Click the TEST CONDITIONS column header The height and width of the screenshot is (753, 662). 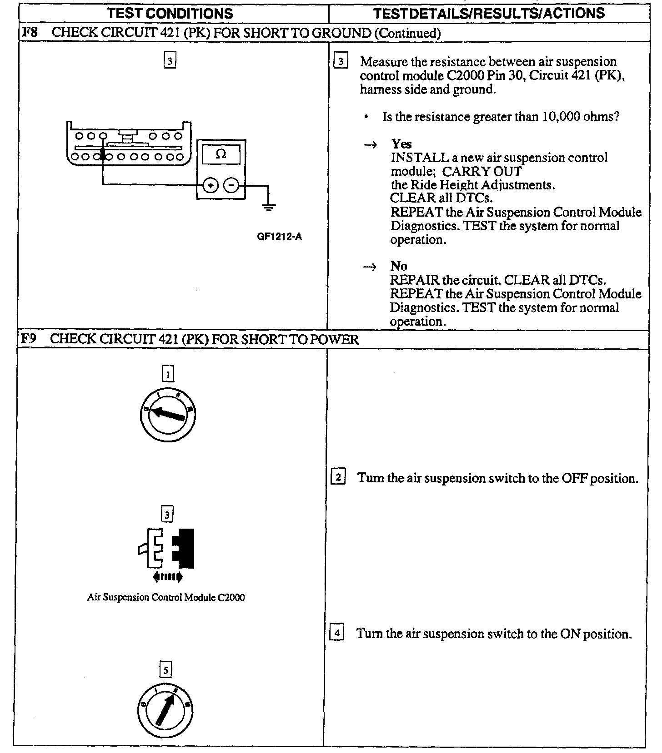171,13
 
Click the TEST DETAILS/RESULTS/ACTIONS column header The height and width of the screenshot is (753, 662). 489,13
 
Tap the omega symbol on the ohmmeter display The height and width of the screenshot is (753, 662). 221,155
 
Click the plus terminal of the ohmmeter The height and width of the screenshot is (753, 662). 210,185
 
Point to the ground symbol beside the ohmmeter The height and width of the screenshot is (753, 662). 269,208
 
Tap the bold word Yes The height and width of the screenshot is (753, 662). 401,144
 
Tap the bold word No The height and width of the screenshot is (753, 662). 399,266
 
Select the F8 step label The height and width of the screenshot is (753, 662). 29,33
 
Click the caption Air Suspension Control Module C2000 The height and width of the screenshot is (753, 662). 165,598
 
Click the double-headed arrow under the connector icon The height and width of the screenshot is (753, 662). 168,577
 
